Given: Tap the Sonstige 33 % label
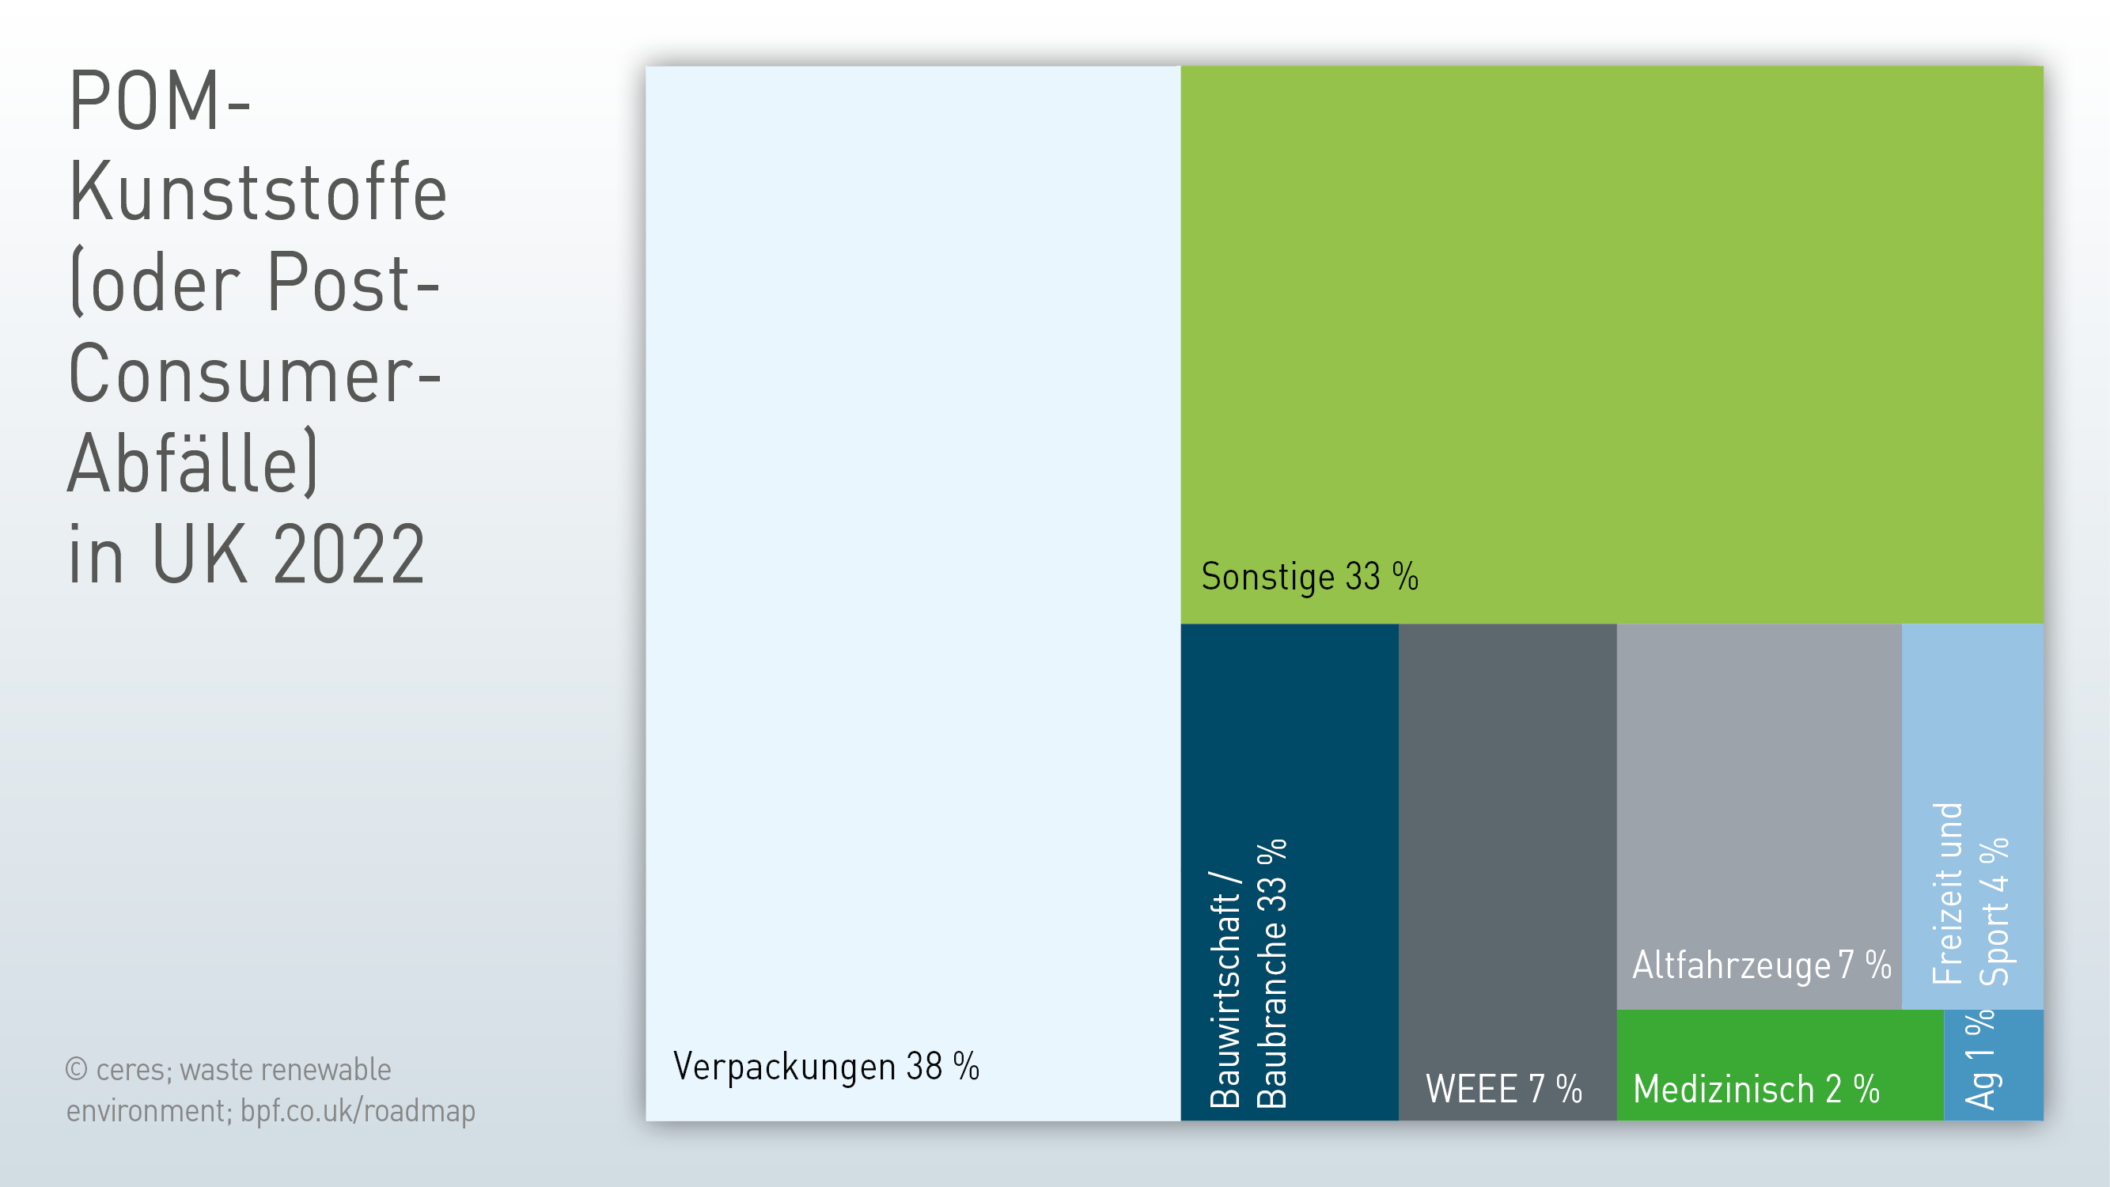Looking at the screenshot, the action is click(1309, 576).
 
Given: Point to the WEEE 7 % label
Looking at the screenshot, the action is click(1504, 1089).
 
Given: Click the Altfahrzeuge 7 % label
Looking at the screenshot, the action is click(1762, 965).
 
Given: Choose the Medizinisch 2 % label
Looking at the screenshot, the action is click(1756, 1090).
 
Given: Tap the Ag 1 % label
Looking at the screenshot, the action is click(1979, 1060).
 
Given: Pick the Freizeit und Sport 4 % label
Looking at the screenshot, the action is click(1970, 893).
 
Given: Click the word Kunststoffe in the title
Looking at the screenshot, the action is click(258, 192).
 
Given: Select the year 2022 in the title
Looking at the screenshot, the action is click(349, 555).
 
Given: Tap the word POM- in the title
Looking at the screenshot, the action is click(160, 100).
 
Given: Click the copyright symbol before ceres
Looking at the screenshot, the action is click(76, 1069).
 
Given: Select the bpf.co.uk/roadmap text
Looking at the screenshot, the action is click(358, 1112).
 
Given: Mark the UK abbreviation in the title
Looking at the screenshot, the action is click(200, 555).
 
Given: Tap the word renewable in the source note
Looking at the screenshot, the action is click(326, 1070).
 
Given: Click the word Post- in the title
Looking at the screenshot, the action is click(354, 283).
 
